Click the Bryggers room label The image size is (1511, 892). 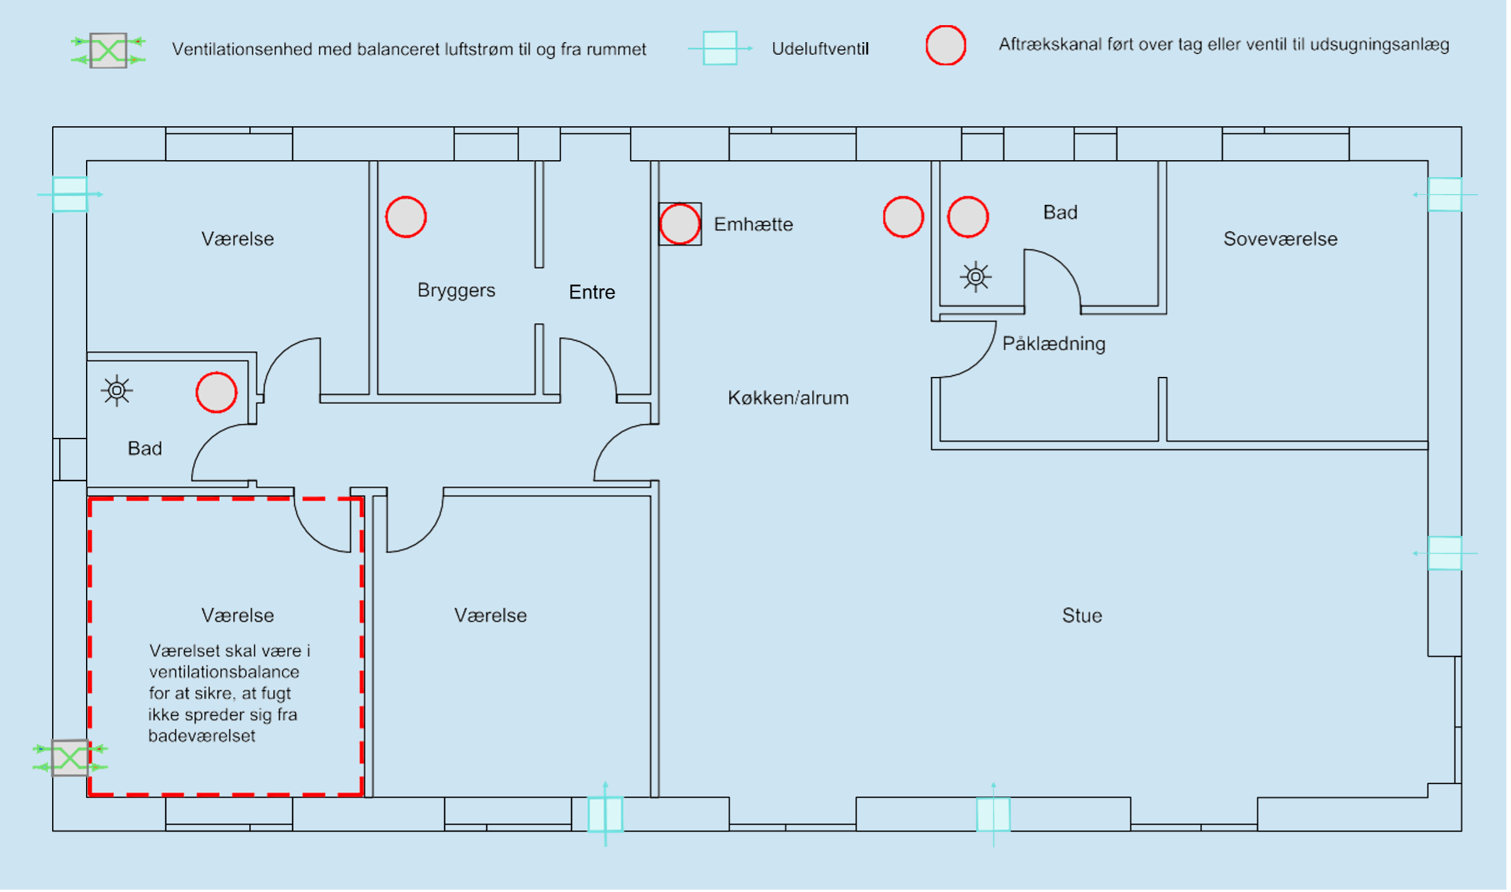tap(456, 290)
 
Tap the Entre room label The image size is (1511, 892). tap(592, 292)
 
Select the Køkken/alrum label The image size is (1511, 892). tap(788, 398)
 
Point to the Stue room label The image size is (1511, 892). tap(1081, 616)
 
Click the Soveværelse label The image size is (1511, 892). tap(1280, 239)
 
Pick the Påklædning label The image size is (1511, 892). tap(1053, 344)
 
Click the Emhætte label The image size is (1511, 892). tap(753, 224)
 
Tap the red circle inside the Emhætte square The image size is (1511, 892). tap(680, 224)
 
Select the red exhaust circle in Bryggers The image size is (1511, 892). tap(406, 217)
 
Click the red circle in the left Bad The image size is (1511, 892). tap(216, 393)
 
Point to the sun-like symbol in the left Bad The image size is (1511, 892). tap(117, 391)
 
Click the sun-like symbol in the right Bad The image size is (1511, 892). tap(975, 276)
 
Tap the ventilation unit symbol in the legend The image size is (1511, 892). tap(108, 50)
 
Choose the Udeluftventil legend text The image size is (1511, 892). tap(820, 49)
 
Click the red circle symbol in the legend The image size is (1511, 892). tap(945, 45)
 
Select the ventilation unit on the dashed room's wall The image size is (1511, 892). tap(70, 758)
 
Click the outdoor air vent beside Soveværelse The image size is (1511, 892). tap(1444, 195)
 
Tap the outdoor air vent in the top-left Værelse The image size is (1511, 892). tap(70, 194)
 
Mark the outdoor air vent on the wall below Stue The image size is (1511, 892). tap(993, 814)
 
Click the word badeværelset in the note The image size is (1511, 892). tap(202, 736)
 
